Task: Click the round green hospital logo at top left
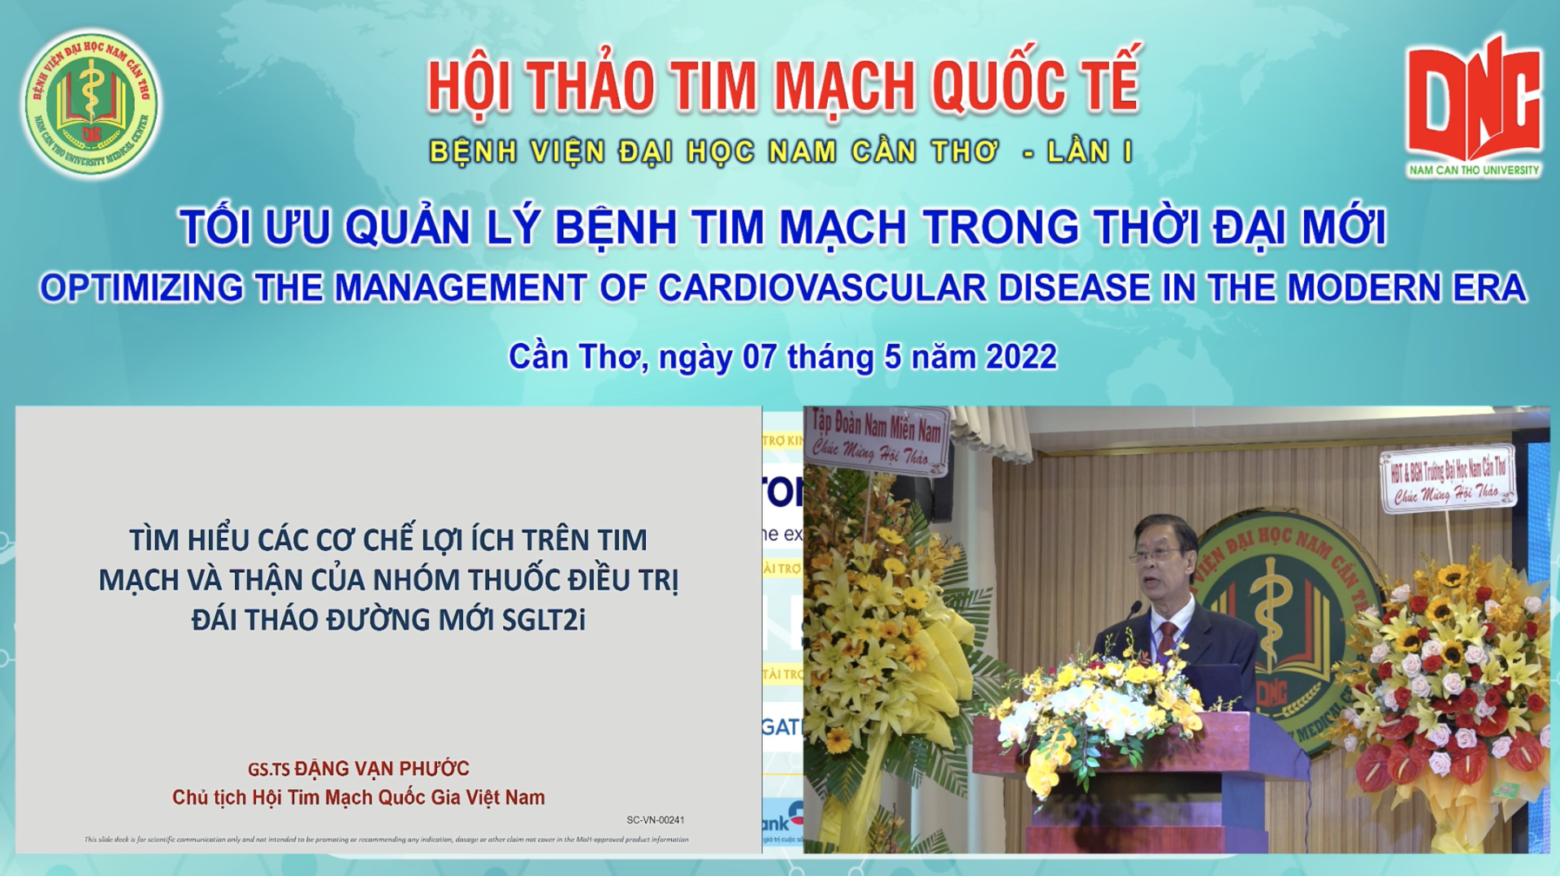(x=91, y=103)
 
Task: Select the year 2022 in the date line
(x=1020, y=358)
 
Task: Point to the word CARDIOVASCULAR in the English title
(x=822, y=288)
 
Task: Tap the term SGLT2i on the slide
(x=544, y=620)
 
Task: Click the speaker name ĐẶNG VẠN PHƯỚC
(x=382, y=769)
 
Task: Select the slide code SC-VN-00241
(x=655, y=821)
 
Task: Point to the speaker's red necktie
(x=1168, y=638)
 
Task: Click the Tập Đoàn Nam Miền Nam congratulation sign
(x=877, y=439)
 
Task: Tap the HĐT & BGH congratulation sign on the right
(x=1447, y=479)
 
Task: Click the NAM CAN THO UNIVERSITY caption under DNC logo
(x=1474, y=170)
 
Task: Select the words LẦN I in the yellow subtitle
(x=1090, y=152)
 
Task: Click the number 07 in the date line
(x=760, y=358)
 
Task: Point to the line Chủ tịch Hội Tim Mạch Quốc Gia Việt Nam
(x=358, y=798)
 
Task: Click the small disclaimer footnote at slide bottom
(x=387, y=839)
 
